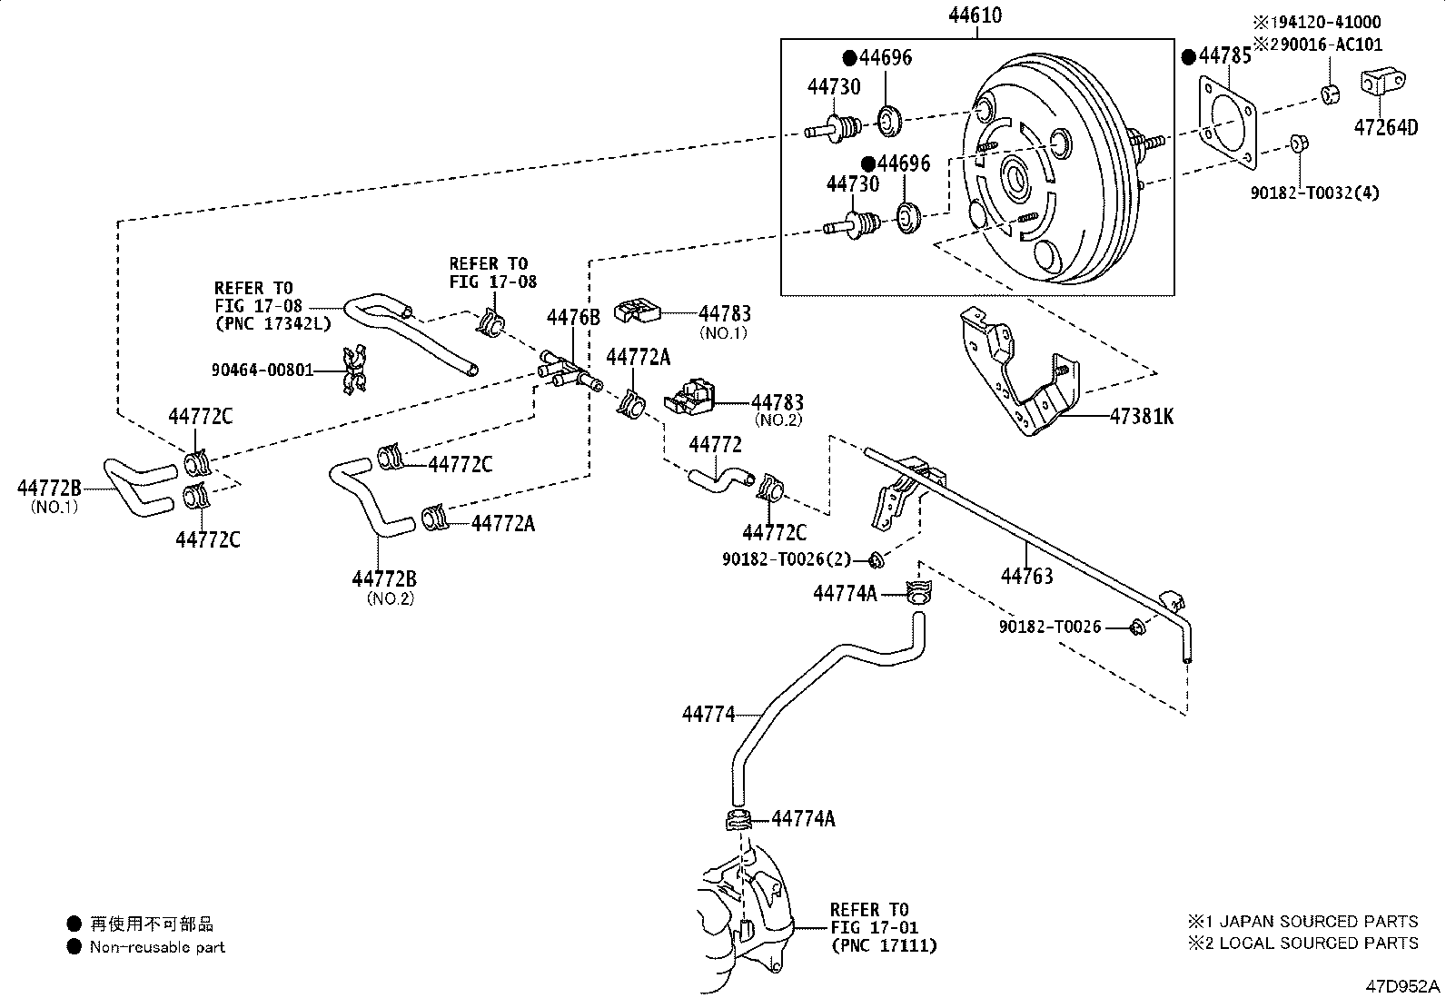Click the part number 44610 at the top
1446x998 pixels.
(x=976, y=15)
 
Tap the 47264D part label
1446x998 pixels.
(x=1385, y=127)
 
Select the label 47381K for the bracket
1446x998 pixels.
(x=1141, y=417)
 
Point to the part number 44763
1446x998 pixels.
(x=1026, y=576)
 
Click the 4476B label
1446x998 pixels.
(x=573, y=317)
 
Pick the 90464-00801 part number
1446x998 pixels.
(x=262, y=370)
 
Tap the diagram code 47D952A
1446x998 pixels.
(x=1405, y=985)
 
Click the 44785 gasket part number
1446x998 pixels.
(x=1223, y=56)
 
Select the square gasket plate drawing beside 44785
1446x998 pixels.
(x=1228, y=123)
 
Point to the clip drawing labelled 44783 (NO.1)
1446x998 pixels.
(x=638, y=311)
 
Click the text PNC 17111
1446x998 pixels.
(x=883, y=945)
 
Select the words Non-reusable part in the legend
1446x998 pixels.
(x=157, y=947)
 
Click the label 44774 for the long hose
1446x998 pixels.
(x=708, y=715)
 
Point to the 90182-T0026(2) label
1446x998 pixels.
(x=787, y=559)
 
